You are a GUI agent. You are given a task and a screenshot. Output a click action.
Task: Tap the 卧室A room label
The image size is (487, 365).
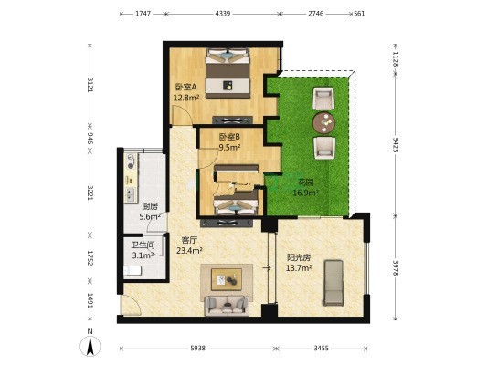(x=185, y=87)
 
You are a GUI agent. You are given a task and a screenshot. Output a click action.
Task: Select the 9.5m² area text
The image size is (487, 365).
(x=229, y=147)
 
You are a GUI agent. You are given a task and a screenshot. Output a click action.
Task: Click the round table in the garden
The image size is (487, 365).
(x=324, y=122)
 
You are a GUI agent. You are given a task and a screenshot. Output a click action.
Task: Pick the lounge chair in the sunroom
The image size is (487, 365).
(x=333, y=283)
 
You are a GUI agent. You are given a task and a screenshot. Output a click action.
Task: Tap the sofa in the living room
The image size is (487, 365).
(x=227, y=306)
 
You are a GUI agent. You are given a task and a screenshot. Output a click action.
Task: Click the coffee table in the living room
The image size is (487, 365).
(x=227, y=279)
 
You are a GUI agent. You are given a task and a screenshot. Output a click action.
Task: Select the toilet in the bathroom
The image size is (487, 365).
(x=132, y=270)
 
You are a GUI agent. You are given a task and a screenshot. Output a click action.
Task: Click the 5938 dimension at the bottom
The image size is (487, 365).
(x=198, y=349)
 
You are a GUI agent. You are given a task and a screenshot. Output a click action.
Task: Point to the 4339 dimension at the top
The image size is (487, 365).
(x=223, y=14)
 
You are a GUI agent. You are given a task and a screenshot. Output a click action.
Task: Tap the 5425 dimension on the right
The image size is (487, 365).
(x=395, y=144)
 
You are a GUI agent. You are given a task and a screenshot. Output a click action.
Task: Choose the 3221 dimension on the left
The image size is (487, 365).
(x=90, y=193)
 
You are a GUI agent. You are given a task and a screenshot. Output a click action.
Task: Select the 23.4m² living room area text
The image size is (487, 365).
(x=189, y=250)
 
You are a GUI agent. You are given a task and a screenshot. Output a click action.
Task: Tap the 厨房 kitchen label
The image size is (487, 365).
(x=150, y=206)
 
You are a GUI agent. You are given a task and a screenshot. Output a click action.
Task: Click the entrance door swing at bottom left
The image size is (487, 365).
(x=132, y=304)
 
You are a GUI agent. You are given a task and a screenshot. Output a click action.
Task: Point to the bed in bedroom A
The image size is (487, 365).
(x=228, y=73)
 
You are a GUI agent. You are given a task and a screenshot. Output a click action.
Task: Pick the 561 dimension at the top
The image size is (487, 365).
(x=359, y=14)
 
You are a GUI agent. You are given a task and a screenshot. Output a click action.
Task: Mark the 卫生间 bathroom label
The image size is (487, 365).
(x=143, y=245)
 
